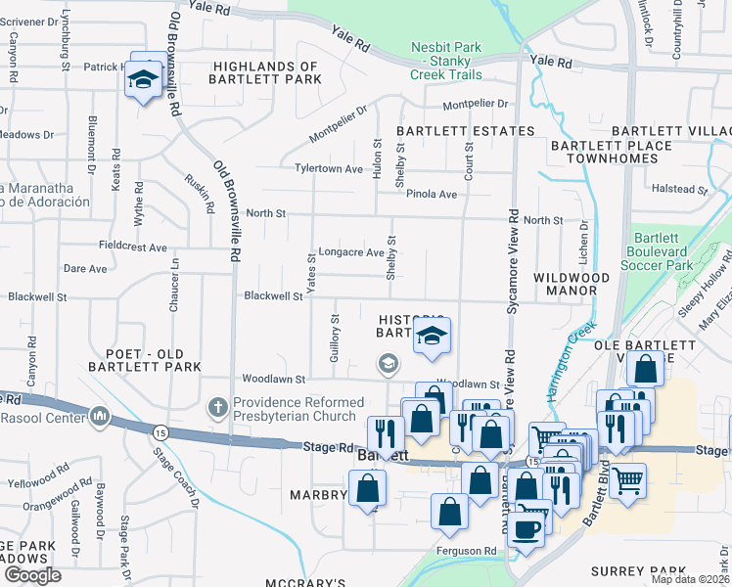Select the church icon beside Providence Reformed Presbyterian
point(217,405)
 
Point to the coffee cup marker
point(527,529)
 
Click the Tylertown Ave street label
point(330,168)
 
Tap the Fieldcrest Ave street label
point(133,247)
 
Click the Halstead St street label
point(679,189)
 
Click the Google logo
point(32,575)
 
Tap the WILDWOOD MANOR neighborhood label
point(578,284)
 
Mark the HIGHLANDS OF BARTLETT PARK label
point(267,72)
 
